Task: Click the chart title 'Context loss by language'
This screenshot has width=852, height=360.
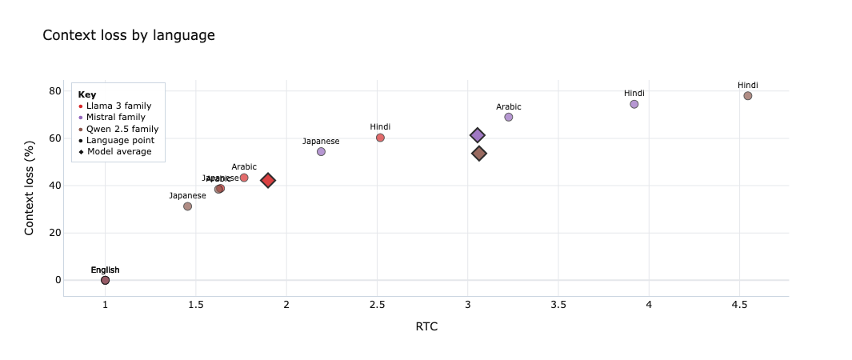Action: [x=128, y=35]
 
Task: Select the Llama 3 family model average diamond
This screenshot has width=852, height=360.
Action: [x=268, y=181]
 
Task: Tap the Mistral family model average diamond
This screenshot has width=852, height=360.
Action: [x=478, y=136]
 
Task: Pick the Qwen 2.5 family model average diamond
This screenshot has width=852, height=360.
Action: [x=479, y=154]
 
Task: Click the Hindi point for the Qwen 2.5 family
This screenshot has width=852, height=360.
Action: [x=748, y=96]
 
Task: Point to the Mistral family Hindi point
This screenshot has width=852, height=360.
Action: [x=634, y=104]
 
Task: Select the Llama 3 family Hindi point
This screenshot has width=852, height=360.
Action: [x=380, y=138]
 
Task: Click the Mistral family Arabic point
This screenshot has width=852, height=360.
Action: [x=509, y=117]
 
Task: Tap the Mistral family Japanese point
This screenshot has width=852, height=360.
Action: [x=321, y=151]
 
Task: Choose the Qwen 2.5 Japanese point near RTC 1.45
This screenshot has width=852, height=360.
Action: [x=187, y=206]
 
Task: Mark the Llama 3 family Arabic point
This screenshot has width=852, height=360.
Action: [x=244, y=178]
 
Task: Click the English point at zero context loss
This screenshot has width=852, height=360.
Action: [x=105, y=280]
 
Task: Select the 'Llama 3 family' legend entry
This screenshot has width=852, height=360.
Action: [x=118, y=106]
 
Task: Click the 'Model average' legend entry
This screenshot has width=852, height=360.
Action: [x=118, y=151]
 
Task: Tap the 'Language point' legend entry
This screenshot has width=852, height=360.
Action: [x=118, y=140]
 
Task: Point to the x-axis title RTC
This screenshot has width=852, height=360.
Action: [x=426, y=326]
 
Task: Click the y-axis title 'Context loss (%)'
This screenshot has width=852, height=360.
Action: [x=30, y=184]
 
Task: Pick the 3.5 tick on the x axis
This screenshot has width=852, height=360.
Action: [x=558, y=305]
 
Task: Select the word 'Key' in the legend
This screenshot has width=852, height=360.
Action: [x=86, y=94]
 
